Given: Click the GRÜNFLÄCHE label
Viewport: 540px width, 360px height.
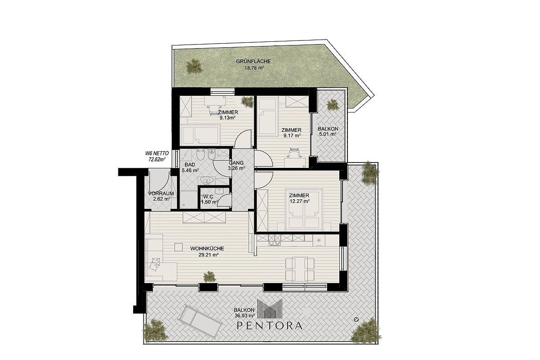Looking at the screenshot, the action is coord(253,62).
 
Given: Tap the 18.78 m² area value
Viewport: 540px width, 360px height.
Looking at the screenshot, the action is coord(254,68).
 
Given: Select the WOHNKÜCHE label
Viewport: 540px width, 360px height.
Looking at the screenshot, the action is coord(207,248).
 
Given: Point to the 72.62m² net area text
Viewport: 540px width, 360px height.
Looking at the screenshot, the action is coord(157,159).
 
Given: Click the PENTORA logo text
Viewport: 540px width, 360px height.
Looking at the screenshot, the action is coord(270,325).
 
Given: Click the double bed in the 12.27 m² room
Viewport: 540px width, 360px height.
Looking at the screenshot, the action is coord(304,209).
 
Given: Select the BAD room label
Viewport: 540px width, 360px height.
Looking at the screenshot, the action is coord(190,165).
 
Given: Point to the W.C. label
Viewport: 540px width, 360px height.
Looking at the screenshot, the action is coord(209,197).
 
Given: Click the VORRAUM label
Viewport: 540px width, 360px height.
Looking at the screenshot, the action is coord(161,193).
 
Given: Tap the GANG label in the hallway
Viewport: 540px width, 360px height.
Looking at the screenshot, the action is coord(236,163).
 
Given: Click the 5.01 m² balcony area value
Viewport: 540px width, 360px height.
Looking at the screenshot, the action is coord(328,134).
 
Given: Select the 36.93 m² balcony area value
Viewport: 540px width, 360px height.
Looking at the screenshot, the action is coord(244,315).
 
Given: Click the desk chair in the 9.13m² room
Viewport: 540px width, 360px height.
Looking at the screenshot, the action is coord(215,110).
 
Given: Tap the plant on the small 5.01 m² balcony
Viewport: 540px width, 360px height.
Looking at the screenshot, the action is coord(333,105).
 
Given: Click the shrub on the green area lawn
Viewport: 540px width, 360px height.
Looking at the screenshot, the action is coord(194,66).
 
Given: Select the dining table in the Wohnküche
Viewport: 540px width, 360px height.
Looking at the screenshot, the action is coord(300,269).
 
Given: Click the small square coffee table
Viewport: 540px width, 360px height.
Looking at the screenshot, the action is coord(179,247).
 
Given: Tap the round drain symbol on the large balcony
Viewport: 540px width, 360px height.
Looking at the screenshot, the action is coord(356,319).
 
